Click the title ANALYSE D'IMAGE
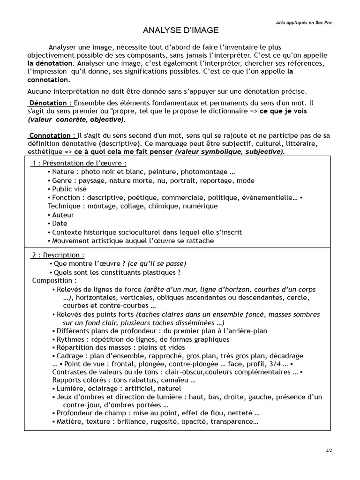click(x=180, y=30)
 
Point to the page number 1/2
click(x=329, y=450)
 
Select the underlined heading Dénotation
click(x=51, y=103)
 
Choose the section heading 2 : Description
click(x=58, y=255)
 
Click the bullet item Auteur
click(x=63, y=215)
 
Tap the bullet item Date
click(x=60, y=224)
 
